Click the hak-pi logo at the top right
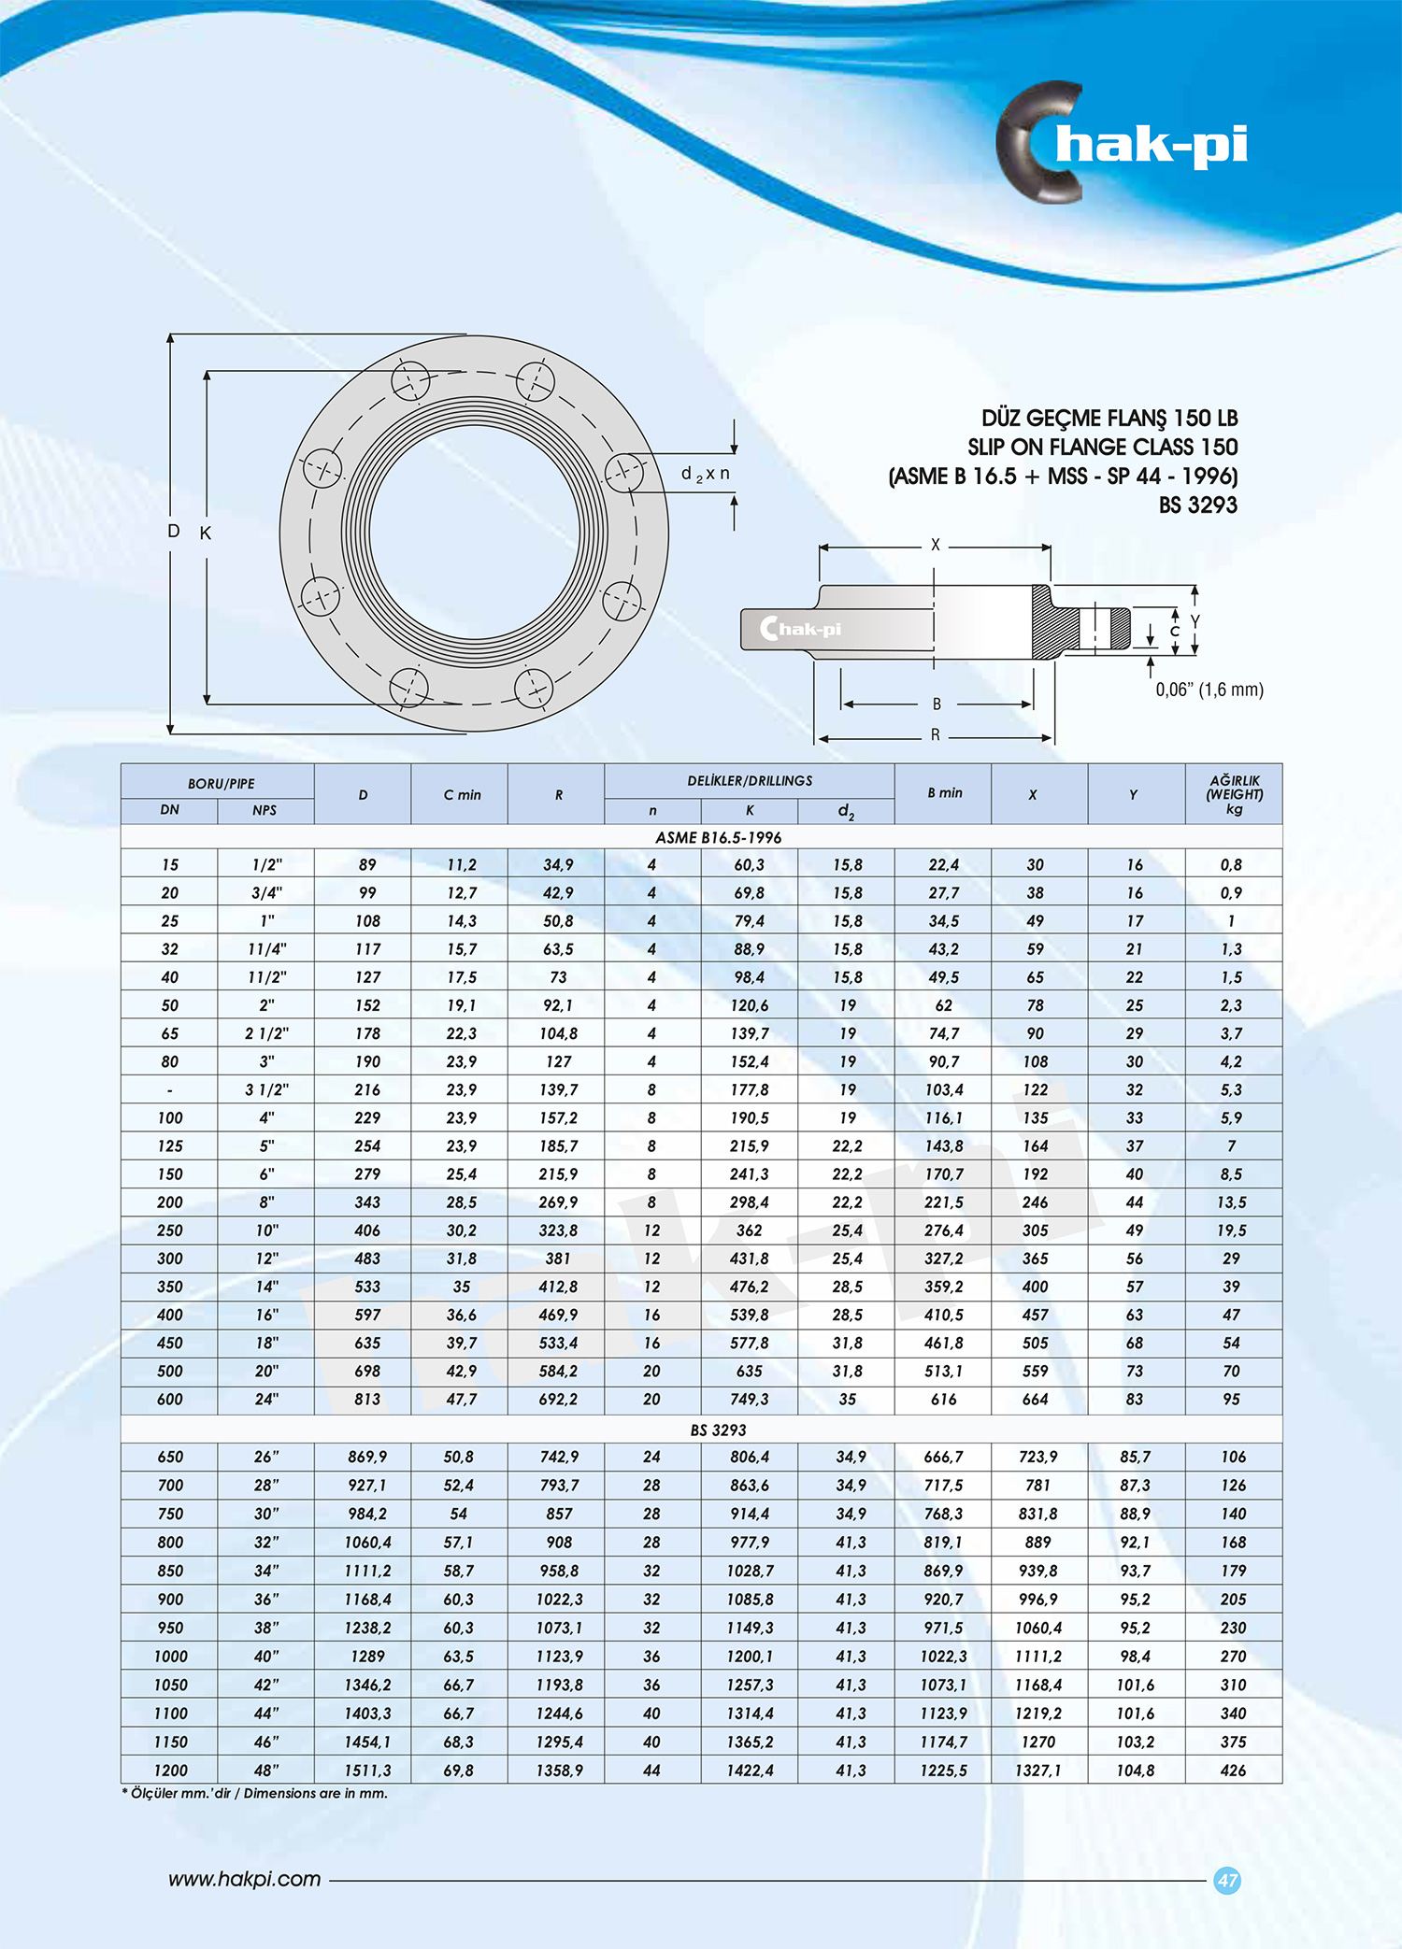click(1122, 144)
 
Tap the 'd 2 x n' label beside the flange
click(706, 474)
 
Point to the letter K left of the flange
click(206, 533)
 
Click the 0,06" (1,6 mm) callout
click(1209, 690)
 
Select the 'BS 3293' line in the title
click(1197, 505)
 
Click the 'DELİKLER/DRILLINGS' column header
click(750, 780)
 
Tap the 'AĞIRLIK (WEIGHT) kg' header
click(1234, 794)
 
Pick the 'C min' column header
click(462, 795)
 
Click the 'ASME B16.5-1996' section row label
click(718, 837)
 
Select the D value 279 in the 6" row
click(367, 1174)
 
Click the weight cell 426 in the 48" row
click(1233, 1770)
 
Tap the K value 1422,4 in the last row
click(750, 1770)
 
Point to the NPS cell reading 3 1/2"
click(266, 1089)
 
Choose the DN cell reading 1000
click(170, 1656)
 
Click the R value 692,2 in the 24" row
click(558, 1399)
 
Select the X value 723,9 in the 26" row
click(1037, 1457)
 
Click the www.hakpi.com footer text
click(244, 1879)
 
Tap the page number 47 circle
click(1226, 1880)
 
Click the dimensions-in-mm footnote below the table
click(254, 1793)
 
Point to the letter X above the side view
click(935, 545)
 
